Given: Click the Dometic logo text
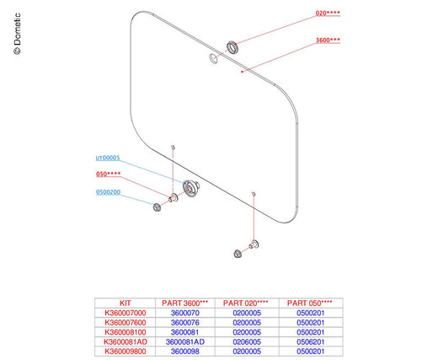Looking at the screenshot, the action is pyautogui.click(x=17, y=34).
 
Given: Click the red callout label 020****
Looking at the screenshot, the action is pyautogui.click(x=328, y=13).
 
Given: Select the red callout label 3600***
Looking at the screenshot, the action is pyautogui.click(x=328, y=40).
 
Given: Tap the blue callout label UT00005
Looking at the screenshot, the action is pyautogui.click(x=108, y=158).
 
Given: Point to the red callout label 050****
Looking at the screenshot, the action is pyautogui.click(x=109, y=175).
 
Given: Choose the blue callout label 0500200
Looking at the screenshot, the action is pyautogui.click(x=108, y=192).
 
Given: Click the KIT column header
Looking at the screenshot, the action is pyautogui.click(x=126, y=303).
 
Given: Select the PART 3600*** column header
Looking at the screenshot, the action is pyautogui.click(x=185, y=303).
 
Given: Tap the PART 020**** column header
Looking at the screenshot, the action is pyautogui.click(x=246, y=303).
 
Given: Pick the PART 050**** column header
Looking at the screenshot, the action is pyautogui.click(x=310, y=303).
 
